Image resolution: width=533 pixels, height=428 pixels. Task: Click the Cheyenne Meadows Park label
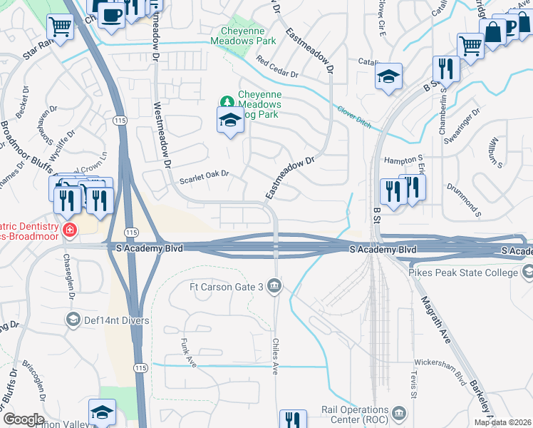pyautogui.click(x=243, y=36)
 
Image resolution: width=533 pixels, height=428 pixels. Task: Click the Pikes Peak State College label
pyautogui.click(x=465, y=272)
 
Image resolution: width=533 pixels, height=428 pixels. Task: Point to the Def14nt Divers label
pyautogui.click(x=117, y=320)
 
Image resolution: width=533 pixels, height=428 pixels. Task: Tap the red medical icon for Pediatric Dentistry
pyautogui.click(x=69, y=229)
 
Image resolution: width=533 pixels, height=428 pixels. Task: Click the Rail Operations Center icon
pyautogui.click(x=398, y=413)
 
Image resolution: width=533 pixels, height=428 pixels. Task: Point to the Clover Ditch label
pyautogui.click(x=354, y=116)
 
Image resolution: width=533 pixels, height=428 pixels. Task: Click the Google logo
pyautogui.click(x=24, y=419)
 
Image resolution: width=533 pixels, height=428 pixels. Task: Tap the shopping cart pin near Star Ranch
pyautogui.click(x=61, y=29)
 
